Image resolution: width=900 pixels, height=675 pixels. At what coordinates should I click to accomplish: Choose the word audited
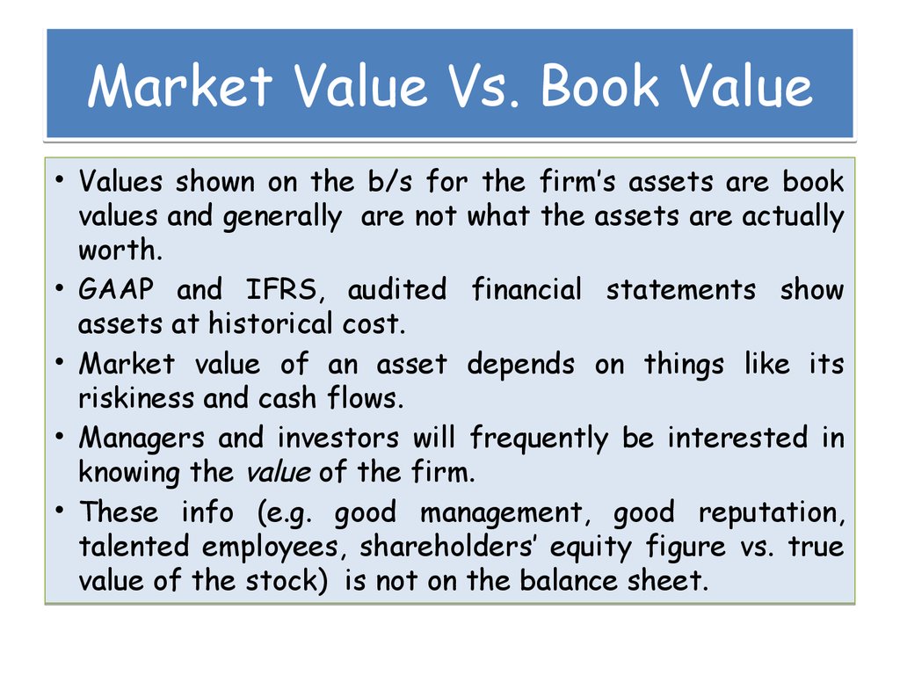pyautogui.click(x=396, y=290)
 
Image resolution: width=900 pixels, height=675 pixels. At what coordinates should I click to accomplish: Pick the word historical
pyautogui.click(x=258, y=324)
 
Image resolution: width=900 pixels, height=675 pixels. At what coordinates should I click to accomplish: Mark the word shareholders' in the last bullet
pyautogui.click(x=450, y=547)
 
